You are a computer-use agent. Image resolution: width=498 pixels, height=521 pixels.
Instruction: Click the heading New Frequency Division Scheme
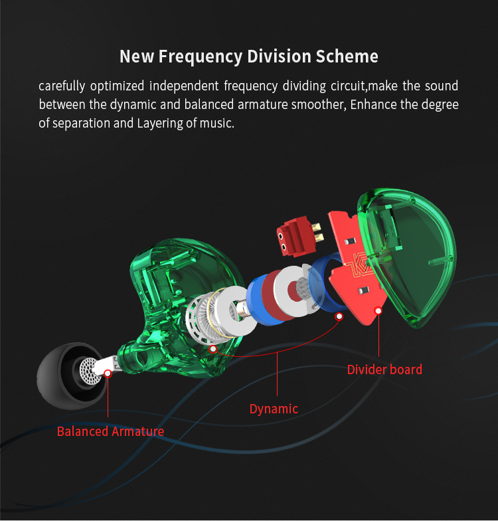(248, 56)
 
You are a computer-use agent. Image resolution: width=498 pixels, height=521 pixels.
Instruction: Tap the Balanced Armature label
(110, 431)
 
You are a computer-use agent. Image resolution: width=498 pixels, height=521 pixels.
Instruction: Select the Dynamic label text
(274, 409)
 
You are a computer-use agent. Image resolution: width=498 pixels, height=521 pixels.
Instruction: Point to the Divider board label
(384, 369)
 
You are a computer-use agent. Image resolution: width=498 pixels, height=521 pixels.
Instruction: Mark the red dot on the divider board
(379, 310)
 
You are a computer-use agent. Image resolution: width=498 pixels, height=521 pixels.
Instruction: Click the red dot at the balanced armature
(108, 373)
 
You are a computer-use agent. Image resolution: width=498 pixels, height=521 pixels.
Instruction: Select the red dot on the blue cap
(339, 317)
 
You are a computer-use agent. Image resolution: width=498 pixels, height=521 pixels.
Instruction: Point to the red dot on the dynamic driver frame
(213, 348)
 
